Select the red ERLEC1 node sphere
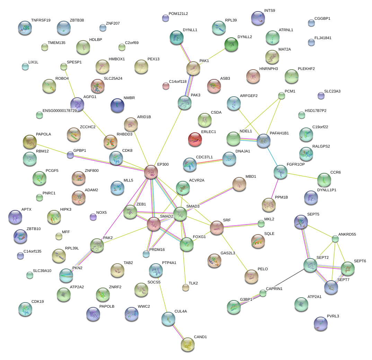point(195,139)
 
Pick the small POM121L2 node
point(165,18)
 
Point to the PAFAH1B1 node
point(264,141)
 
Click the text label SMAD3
point(193,207)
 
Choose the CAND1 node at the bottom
point(187,344)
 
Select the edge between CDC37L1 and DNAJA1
point(210,161)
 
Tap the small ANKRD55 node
point(335,239)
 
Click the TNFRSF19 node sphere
point(25,28)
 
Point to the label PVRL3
point(333,316)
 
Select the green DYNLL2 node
point(231,44)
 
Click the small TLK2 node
point(186,287)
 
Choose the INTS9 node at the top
point(258,18)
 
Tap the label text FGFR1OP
point(295,164)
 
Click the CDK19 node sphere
point(25,309)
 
